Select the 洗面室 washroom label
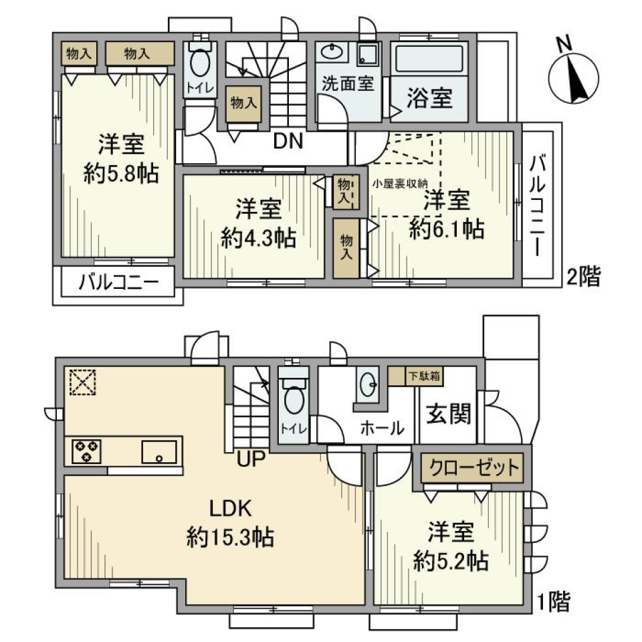coord(347,84)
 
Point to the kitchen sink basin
coord(160,451)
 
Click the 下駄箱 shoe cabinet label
coord(425,376)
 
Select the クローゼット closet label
coord(473,468)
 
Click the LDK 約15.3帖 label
coord(231,522)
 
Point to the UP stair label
coord(250,458)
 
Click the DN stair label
coord(288,141)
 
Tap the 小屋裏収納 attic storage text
coord(400,183)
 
